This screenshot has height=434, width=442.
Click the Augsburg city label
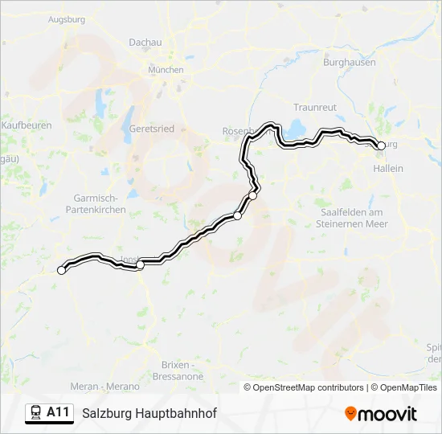point(67,18)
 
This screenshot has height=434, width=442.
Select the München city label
point(166,70)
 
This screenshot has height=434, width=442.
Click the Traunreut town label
point(314,107)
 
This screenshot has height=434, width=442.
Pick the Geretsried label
point(150,128)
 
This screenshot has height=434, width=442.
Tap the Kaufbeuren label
point(27,126)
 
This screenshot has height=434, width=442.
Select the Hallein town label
point(388,168)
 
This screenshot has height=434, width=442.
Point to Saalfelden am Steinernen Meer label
point(354,218)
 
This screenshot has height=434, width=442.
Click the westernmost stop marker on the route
point(61,270)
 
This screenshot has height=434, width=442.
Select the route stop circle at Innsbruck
point(141,264)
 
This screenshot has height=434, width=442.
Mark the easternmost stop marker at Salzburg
point(379,145)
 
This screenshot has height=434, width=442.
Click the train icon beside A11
point(35,413)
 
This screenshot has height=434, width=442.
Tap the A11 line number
point(59,412)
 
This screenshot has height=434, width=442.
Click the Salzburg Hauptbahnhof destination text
point(149,413)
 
